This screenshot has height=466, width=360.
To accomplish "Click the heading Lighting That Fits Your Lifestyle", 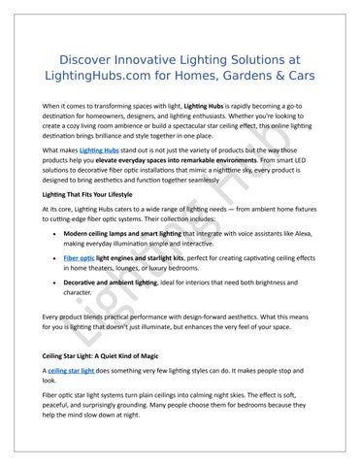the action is pyautogui.click(x=95, y=196).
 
